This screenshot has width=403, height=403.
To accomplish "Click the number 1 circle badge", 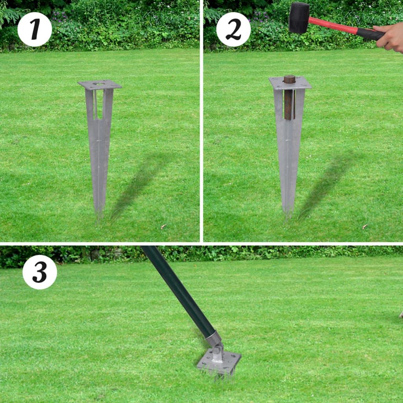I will tap(35, 30).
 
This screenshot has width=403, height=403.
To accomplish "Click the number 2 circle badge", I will tap(233, 30).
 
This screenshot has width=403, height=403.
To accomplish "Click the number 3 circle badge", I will tap(40, 272).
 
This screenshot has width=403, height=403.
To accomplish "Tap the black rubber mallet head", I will tap(299, 18).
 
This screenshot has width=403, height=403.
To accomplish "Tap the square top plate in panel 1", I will tap(100, 85).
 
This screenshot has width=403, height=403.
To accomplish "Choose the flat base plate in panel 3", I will tap(219, 363).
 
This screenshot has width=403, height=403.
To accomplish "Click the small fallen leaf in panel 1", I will tap(163, 227).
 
